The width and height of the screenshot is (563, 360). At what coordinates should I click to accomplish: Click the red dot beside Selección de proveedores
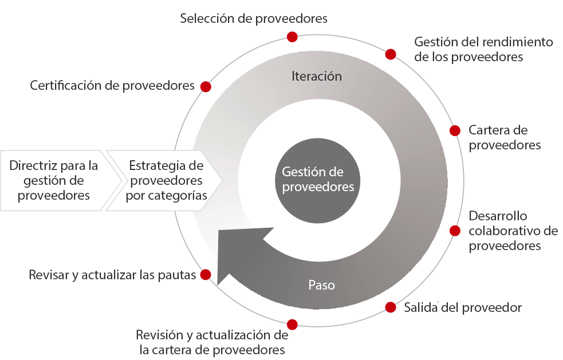[x=292, y=37]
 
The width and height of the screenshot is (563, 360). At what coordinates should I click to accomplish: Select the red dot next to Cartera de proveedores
[x=455, y=130]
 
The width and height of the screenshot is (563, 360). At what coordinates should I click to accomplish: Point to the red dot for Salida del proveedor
[x=391, y=307]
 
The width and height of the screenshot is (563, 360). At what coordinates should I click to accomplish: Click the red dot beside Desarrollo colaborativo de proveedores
[x=455, y=231]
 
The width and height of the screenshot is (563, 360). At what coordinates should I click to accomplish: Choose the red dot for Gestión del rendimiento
[x=391, y=54]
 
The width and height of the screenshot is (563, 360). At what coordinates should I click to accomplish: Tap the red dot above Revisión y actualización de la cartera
[x=292, y=325]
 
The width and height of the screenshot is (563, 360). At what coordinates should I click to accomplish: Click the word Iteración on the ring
[x=316, y=76]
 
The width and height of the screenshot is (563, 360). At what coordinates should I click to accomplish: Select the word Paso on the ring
[x=321, y=284]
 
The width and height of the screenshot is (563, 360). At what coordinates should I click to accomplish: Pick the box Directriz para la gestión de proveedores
[x=54, y=180]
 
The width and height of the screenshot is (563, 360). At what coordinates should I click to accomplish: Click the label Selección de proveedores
[x=254, y=18]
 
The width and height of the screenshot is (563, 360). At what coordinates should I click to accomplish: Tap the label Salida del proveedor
[x=463, y=307]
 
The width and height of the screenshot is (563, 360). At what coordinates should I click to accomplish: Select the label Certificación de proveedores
[x=112, y=86]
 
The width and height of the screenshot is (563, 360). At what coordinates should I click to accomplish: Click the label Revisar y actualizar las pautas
[x=112, y=275]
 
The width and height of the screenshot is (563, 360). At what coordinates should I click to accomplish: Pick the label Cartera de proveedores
[x=504, y=137]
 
